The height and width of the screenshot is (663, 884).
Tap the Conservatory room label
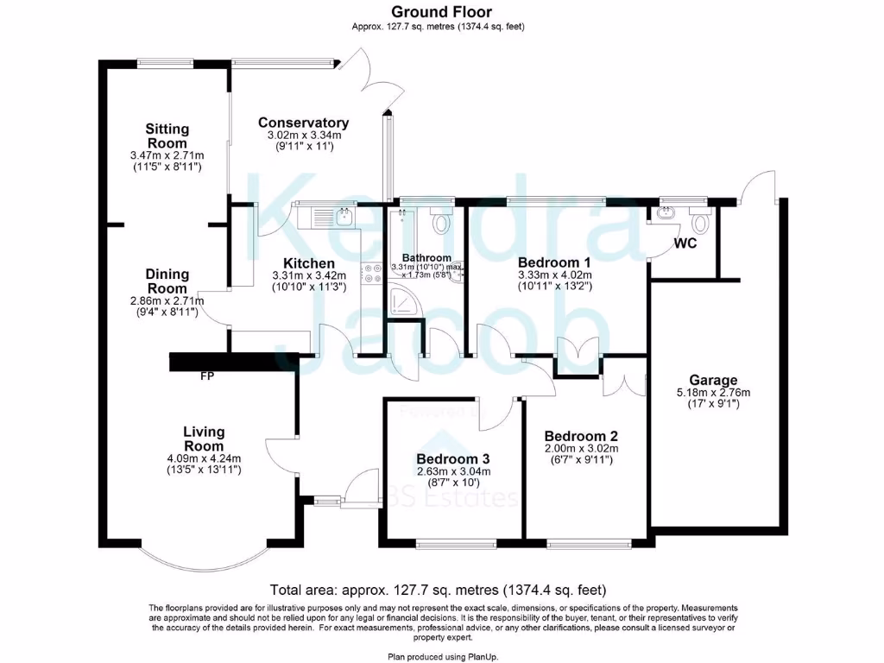coord(303,123)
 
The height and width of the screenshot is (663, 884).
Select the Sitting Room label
coord(167,136)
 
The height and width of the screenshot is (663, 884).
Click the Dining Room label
coord(167,281)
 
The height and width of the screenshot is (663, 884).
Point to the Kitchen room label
coord(309,263)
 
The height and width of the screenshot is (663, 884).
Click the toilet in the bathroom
coord(443,221)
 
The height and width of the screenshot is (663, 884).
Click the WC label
coord(685,243)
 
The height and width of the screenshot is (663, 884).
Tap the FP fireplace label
coord(207,377)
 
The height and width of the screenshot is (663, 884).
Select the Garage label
coord(713,380)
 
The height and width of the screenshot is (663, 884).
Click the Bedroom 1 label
coord(553,262)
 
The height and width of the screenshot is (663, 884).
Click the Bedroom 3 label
coord(453,458)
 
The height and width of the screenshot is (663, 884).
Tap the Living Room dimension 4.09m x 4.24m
coord(203,458)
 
